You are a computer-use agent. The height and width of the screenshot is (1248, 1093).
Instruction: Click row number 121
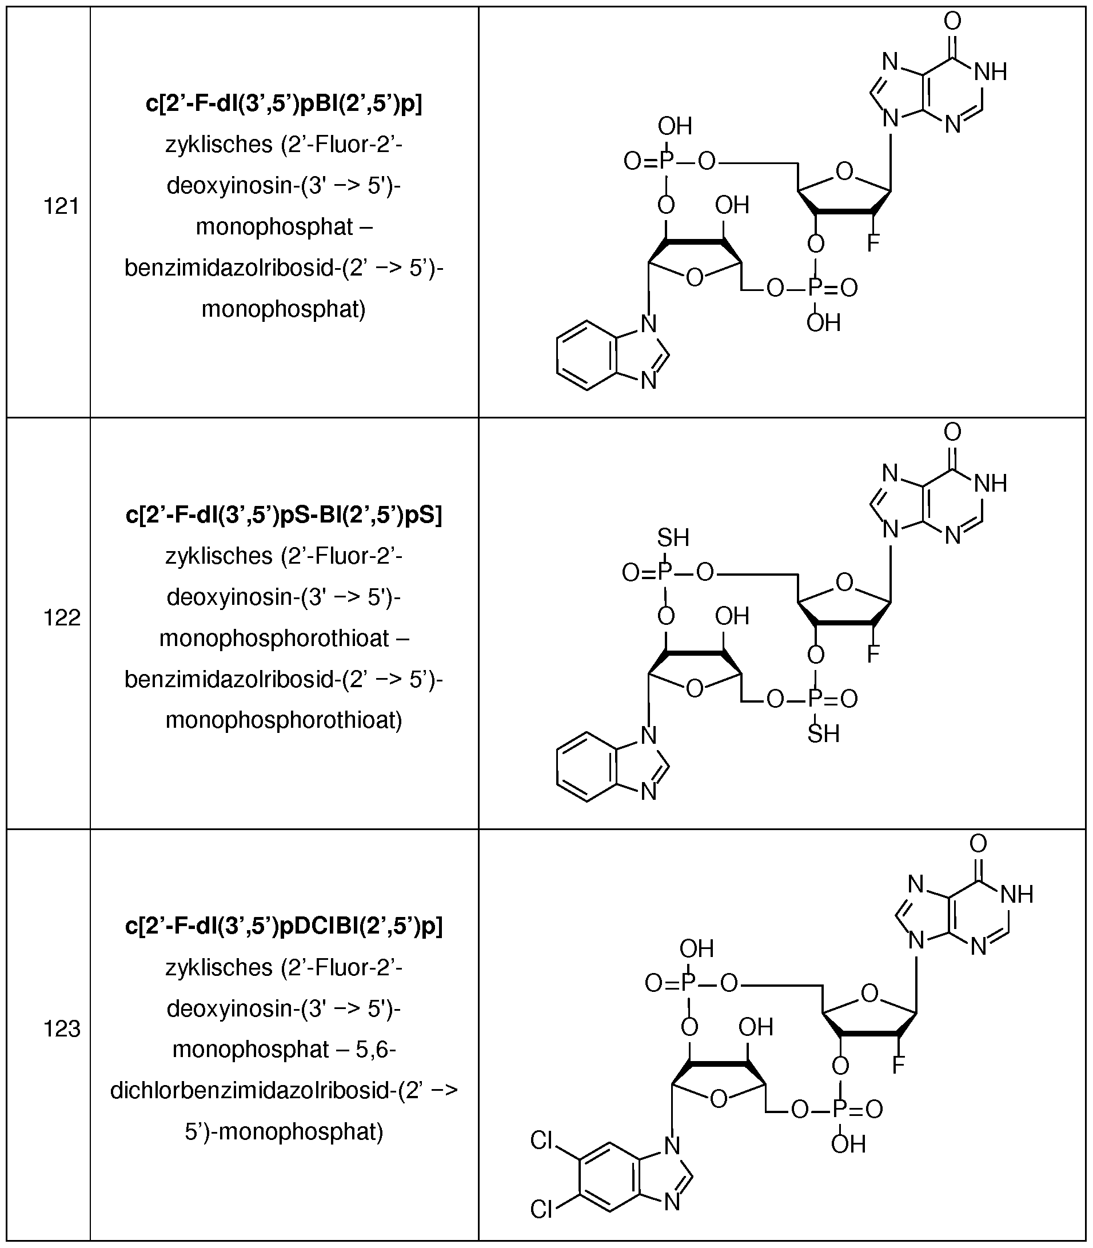point(61,207)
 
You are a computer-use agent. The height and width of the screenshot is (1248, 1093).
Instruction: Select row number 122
point(61,618)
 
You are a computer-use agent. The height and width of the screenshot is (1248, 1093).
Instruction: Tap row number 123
point(61,1030)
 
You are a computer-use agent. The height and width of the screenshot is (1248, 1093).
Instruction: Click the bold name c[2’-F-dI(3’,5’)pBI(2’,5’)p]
point(284,103)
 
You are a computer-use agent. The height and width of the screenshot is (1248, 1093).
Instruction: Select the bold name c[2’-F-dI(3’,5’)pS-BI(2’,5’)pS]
point(284,515)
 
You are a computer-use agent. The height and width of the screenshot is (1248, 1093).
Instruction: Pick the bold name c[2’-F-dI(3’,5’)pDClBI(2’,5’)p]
point(284,926)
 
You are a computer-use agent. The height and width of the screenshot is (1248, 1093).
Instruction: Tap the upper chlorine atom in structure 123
point(541,1140)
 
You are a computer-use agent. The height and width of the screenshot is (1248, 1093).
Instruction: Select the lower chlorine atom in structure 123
point(541,1209)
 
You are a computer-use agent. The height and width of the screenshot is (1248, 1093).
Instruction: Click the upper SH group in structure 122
point(673,537)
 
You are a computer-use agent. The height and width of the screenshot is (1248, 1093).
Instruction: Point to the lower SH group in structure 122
point(823,734)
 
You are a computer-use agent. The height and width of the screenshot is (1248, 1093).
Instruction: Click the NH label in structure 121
point(990,73)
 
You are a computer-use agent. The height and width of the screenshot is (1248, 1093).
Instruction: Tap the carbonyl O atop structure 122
point(952,432)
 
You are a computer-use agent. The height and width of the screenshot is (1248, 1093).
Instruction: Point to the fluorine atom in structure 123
point(898,1066)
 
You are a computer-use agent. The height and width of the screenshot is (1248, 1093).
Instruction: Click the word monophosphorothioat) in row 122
point(284,720)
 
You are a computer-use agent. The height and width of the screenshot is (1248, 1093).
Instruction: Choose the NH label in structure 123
point(1016,895)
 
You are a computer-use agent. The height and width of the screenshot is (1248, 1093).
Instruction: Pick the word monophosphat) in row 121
point(284,309)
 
